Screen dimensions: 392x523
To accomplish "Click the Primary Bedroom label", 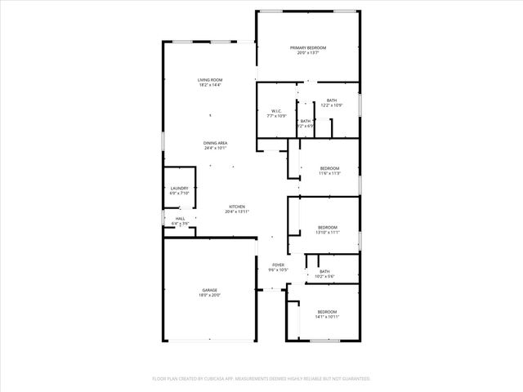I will click(308, 48).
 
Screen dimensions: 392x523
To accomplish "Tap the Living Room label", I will click(210, 79).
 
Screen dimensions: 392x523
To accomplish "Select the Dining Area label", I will click(216, 143).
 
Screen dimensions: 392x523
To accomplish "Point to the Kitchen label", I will click(237, 207).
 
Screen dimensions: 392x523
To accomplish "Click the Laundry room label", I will click(179, 189).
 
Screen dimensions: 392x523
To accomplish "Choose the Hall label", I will click(180, 218).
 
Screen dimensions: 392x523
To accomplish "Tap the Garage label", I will click(210, 290).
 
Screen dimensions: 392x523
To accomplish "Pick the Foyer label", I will click(279, 265).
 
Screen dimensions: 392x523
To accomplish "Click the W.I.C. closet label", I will click(275, 111).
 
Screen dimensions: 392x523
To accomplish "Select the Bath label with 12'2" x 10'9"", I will click(332, 100).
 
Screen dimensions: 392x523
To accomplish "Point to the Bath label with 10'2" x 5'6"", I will click(324, 272).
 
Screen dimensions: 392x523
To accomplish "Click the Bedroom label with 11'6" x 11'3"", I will click(329, 168).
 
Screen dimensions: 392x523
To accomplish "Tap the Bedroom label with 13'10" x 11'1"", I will click(328, 227).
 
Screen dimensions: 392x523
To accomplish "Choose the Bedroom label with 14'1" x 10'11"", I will click(327, 312).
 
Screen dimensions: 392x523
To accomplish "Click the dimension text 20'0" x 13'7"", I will click(308, 54).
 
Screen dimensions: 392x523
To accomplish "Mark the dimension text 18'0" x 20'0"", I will click(210, 296).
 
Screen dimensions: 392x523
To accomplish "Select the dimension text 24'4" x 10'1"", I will click(216, 149).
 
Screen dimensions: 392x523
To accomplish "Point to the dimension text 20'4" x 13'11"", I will click(237, 212).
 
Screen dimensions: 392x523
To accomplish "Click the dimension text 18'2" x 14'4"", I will click(210, 85).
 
